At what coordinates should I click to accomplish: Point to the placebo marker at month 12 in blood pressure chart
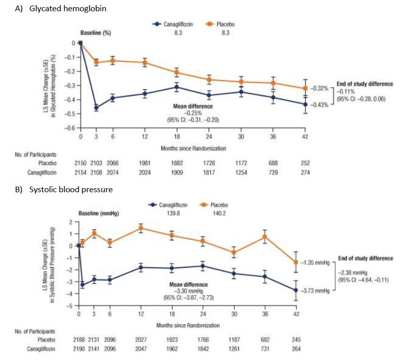pos(141,227)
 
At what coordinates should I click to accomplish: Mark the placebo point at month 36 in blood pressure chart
pos(264,236)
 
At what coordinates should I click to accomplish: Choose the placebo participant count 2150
pos(81,163)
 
